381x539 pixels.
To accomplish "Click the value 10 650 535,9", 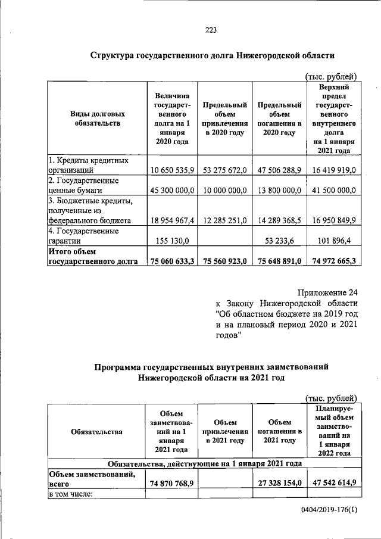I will click(172, 170).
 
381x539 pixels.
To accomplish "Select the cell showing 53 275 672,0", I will click(224, 170).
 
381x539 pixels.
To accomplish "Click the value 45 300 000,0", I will click(172, 190).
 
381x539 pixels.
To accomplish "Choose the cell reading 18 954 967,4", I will click(172, 220).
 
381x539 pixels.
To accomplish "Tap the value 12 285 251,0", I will click(224, 220).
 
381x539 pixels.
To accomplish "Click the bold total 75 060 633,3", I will click(172, 261).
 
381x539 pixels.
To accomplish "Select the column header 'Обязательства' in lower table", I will click(96, 432).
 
